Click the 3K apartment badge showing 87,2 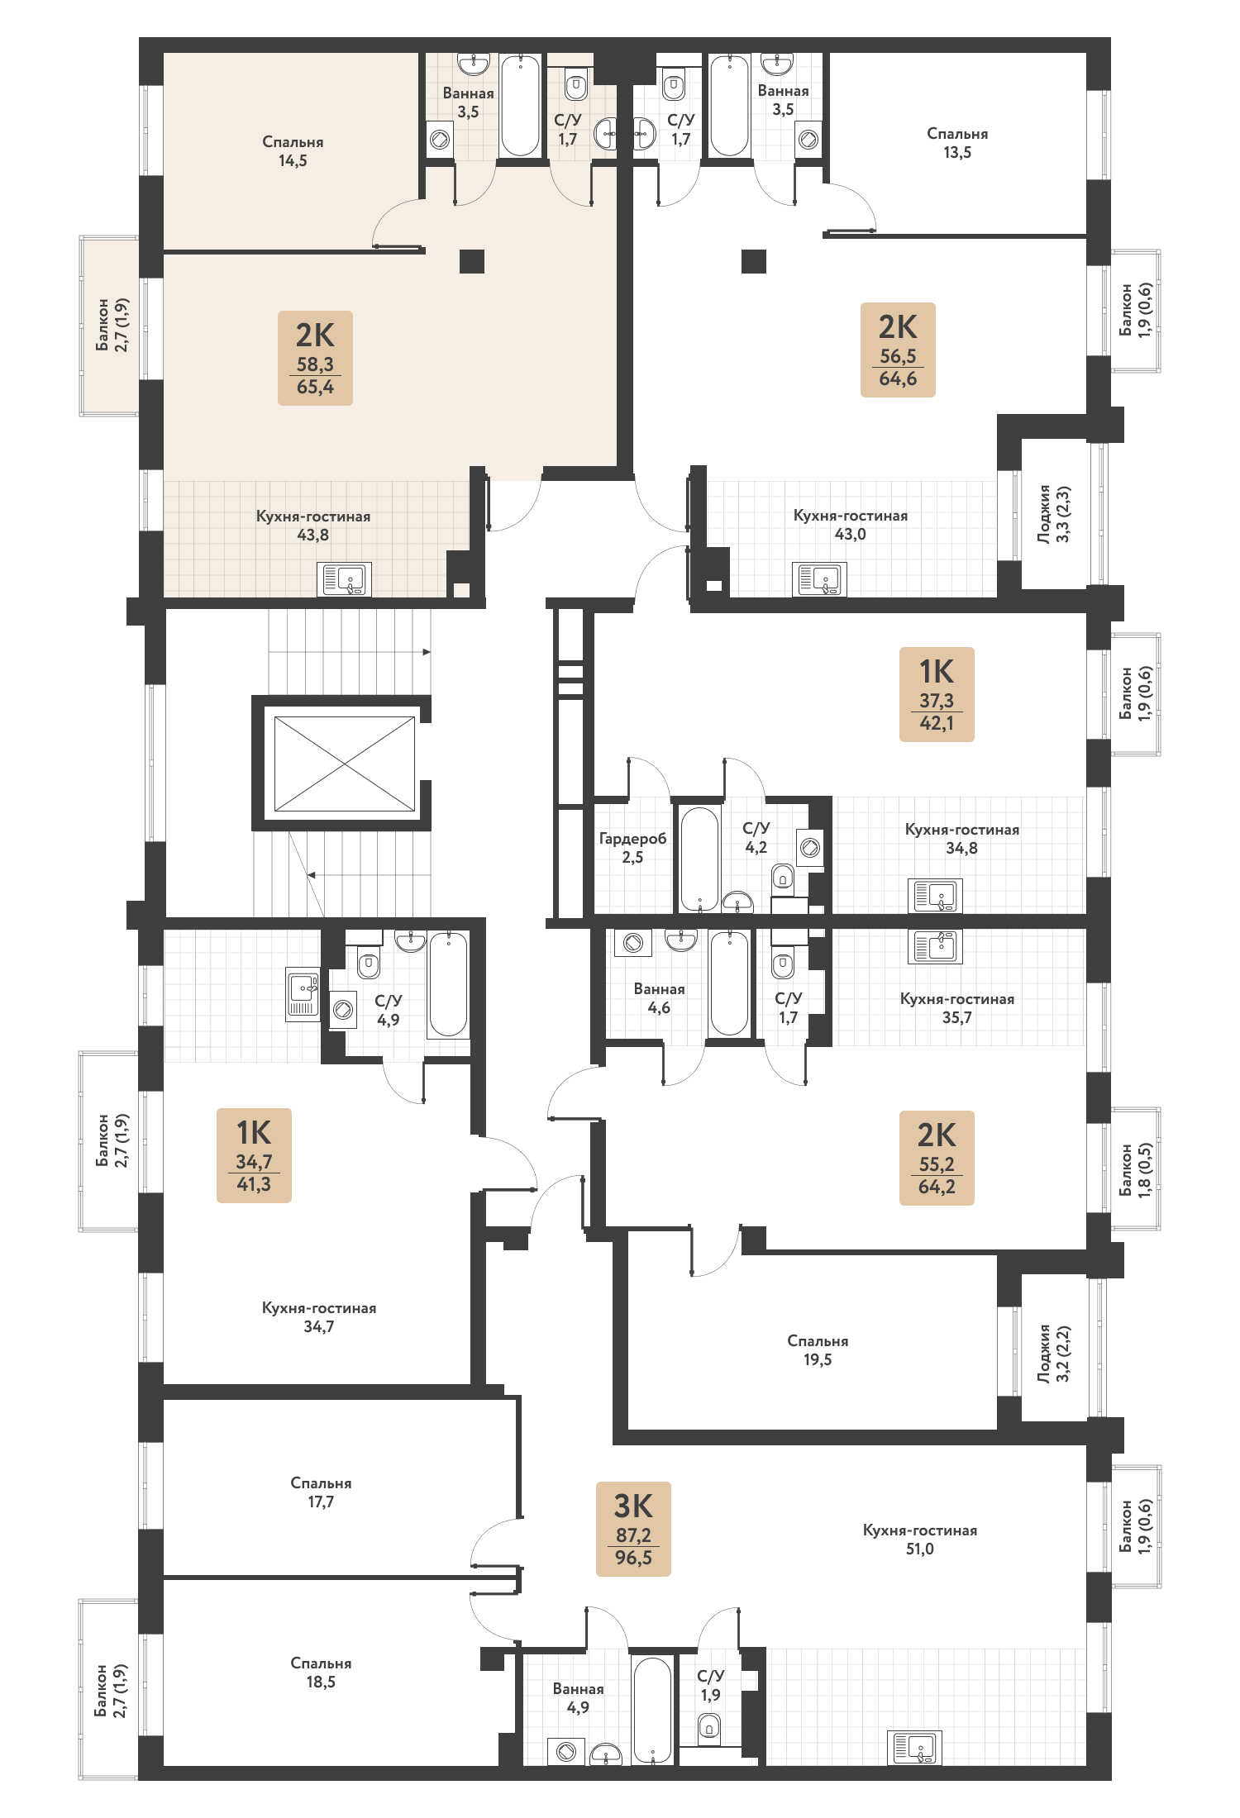pos(633,1529)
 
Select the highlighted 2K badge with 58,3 pos(315,358)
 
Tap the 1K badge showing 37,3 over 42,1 pos(937,694)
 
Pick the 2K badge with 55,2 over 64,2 pos(937,1158)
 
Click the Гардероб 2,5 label pos(632,848)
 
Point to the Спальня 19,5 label pos(818,1350)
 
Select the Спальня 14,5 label pos(293,151)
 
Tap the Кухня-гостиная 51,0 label pos(920,1540)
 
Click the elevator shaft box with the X pos(345,764)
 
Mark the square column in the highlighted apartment pos(472,261)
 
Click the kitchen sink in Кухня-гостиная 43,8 pos(344,579)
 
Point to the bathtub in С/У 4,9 pos(448,984)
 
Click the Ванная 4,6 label pos(659,998)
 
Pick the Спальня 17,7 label pos(321,1492)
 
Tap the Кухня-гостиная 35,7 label pos(957,1008)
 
